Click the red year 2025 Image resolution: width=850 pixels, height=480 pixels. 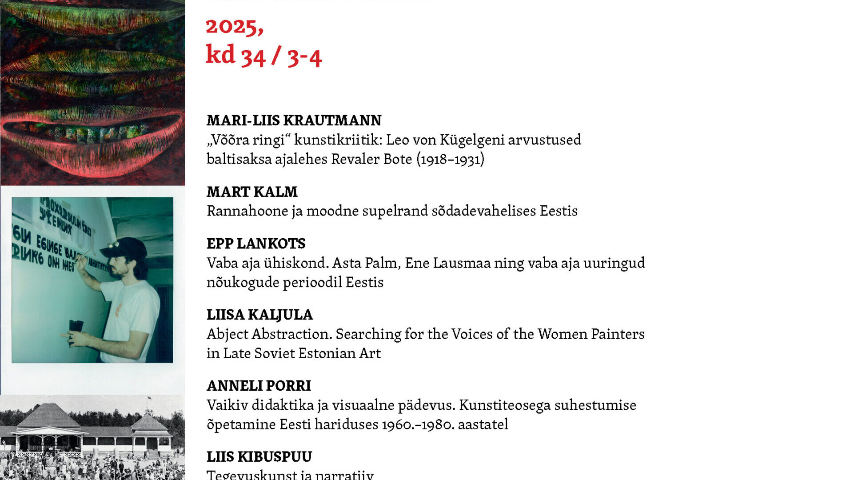(234, 27)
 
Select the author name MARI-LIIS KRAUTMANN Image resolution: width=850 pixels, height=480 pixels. (294, 120)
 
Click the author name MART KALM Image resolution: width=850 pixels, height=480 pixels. (252, 192)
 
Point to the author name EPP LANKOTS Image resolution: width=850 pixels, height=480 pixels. (256, 244)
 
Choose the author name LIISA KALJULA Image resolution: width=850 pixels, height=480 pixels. (259, 315)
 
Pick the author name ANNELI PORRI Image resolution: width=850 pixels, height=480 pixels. (259, 386)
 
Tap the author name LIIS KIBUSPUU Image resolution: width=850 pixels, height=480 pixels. (259, 456)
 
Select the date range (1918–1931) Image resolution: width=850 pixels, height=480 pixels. (450, 160)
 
